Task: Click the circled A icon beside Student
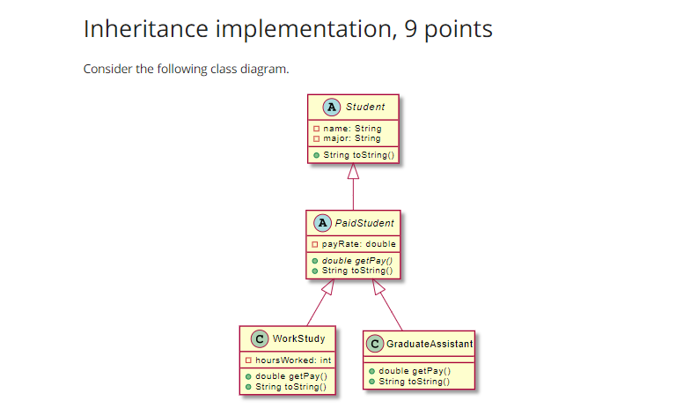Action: [x=332, y=107]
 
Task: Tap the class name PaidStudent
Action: [x=364, y=223]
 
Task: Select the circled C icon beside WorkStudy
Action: [x=260, y=338]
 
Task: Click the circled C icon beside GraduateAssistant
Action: [x=375, y=344]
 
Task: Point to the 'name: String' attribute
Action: [x=352, y=129]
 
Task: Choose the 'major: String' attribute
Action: [x=352, y=138]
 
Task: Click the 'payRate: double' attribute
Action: [x=358, y=244]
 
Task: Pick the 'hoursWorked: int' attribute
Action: [x=293, y=360]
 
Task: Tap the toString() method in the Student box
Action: [x=359, y=155]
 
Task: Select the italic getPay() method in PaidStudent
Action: [x=357, y=261]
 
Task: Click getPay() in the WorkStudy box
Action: [x=291, y=376]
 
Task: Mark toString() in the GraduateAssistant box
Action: [x=414, y=382]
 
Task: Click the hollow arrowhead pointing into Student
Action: [x=353, y=171]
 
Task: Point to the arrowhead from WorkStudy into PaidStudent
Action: [x=328, y=287]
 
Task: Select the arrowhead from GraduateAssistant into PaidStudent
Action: [x=378, y=287]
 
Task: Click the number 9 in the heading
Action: [x=411, y=29]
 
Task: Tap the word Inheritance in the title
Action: [x=146, y=29]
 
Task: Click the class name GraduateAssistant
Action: [x=430, y=344]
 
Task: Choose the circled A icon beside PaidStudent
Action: [x=322, y=223]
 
